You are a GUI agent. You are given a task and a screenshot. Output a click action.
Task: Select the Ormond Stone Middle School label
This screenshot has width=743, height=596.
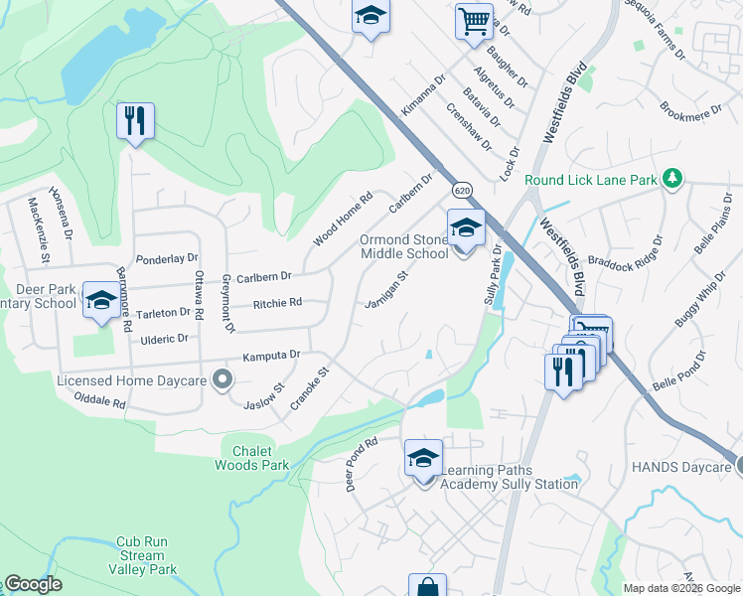(404, 247)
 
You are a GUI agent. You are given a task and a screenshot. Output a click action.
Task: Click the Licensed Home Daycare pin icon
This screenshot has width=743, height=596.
(223, 377)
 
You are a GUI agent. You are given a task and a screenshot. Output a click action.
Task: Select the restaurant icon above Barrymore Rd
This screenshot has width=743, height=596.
(133, 121)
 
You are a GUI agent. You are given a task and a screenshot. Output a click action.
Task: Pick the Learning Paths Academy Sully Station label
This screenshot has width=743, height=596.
(508, 477)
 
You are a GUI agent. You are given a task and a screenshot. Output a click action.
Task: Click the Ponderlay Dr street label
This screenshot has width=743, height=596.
(167, 258)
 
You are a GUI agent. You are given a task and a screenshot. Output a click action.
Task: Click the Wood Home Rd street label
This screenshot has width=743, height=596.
(342, 218)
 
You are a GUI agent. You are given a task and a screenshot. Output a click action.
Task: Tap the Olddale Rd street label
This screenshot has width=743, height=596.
(100, 400)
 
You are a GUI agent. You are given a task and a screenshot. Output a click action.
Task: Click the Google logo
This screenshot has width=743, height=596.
(33, 584)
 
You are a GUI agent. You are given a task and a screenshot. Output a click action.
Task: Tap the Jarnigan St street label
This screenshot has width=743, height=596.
(386, 290)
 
